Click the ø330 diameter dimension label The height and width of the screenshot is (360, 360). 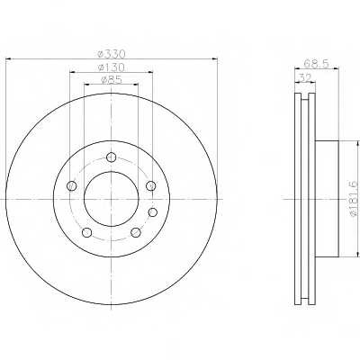pos(112,54)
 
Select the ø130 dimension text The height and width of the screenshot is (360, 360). pos(112,67)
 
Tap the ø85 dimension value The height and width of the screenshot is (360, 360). pos(112,80)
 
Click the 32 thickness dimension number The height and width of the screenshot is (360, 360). pos(305,77)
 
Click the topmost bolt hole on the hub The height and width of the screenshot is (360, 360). pos(112,157)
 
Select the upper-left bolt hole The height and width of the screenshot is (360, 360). pos(71,186)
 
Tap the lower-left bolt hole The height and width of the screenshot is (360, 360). pos(86,232)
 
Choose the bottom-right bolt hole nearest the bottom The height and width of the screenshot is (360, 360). pos(136,232)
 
